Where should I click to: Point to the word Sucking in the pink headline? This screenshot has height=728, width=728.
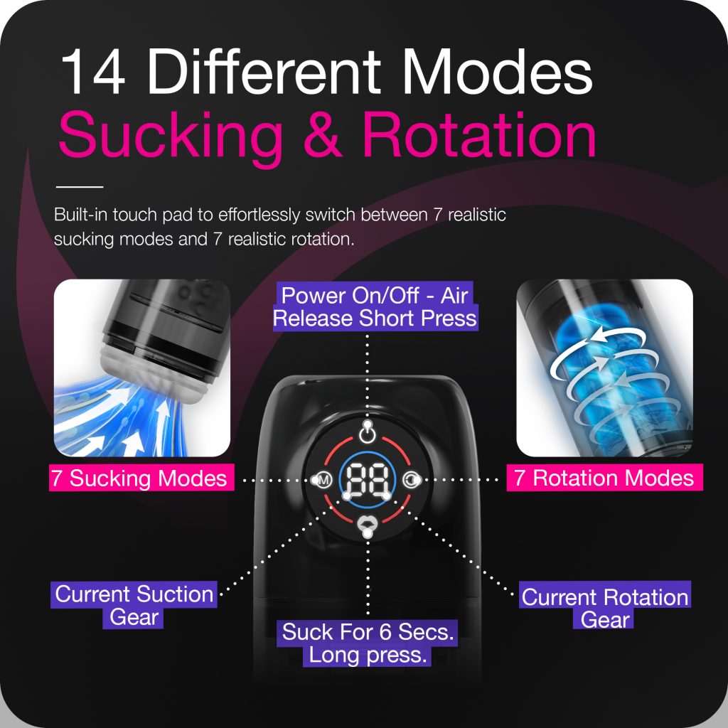(x=171, y=136)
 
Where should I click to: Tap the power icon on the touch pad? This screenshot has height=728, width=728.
(x=367, y=432)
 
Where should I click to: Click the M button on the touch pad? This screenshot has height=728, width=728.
(x=323, y=481)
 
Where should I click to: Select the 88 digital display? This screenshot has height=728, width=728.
(x=366, y=481)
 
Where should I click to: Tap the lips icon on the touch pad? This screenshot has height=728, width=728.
(x=367, y=525)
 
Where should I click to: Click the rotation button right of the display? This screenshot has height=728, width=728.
(x=410, y=481)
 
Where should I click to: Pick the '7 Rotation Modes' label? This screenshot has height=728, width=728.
(x=604, y=478)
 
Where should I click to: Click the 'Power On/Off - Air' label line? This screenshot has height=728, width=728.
(x=374, y=295)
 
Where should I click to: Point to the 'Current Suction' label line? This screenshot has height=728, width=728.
(x=134, y=594)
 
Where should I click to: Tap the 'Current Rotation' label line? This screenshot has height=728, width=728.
(x=605, y=597)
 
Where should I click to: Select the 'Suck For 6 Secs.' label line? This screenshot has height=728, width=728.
(x=368, y=631)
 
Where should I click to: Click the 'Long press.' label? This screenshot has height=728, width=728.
(x=368, y=655)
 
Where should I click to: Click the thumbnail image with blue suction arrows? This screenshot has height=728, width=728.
(x=142, y=368)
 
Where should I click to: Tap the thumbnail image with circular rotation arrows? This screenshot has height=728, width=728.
(x=604, y=368)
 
